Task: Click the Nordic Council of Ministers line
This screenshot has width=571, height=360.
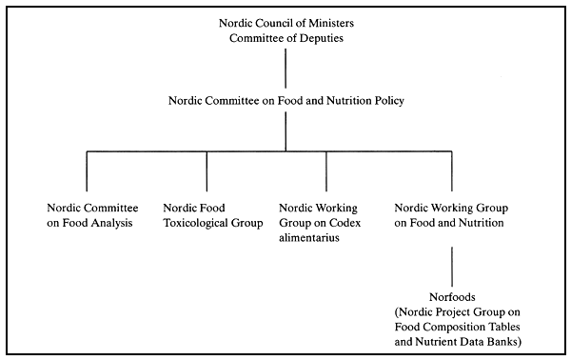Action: pos(286,22)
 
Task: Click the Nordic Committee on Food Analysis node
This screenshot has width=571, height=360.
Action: pos(93,215)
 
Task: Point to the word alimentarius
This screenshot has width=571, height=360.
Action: pos(310,239)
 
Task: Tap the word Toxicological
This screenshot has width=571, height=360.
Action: pos(195,224)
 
